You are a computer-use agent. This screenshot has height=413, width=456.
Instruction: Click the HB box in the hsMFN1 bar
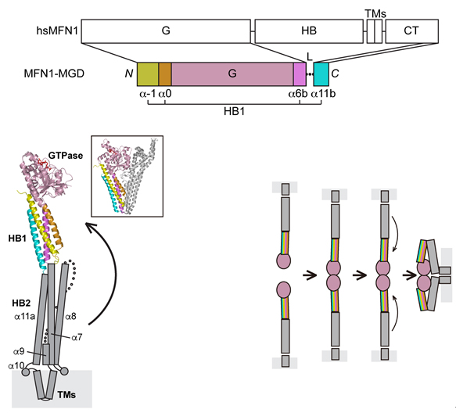[309, 31]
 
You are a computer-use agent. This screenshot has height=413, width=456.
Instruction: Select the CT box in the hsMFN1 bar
[411, 31]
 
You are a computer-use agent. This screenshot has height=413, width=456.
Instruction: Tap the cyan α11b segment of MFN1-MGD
[321, 74]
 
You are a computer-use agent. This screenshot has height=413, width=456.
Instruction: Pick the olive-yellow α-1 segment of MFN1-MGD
[148, 74]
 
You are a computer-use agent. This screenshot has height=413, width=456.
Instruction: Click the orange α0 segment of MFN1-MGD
[165, 74]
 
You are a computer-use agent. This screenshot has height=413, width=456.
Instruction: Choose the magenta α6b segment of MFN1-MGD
[300, 74]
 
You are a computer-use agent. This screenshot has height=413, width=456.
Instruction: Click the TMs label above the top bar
[375, 13]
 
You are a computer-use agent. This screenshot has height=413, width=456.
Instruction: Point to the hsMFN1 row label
[57, 31]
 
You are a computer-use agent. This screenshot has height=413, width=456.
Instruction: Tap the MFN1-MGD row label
[54, 74]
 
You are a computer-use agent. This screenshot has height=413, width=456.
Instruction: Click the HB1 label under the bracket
[234, 111]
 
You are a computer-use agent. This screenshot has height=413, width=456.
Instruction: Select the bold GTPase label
[66, 156]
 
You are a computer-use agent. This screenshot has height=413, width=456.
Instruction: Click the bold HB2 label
[21, 303]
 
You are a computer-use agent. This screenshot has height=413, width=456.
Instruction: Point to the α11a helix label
[25, 316]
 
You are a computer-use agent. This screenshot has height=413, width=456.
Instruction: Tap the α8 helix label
[70, 316]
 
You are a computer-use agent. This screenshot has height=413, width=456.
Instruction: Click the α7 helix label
[77, 337]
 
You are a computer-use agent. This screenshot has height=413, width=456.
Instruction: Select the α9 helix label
[19, 352]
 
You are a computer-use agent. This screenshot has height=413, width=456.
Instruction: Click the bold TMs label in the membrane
[66, 395]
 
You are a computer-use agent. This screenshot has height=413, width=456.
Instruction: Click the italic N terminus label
[129, 74]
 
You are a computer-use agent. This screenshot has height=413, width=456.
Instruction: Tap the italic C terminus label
[335, 74]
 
